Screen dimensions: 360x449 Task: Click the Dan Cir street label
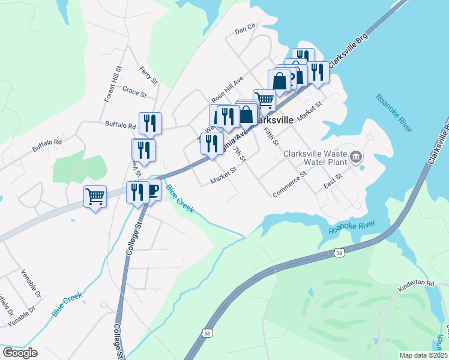[x=246, y=28]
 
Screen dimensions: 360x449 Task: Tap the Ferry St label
[x=148, y=75]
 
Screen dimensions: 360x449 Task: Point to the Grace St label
[x=134, y=92]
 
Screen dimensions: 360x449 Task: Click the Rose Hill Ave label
[x=227, y=89]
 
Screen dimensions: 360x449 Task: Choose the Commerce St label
[x=289, y=184]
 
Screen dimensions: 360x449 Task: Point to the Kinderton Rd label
[x=415, y=283]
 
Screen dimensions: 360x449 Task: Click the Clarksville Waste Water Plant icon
[x=356, y=158]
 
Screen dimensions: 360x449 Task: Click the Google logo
[x=20, y=353]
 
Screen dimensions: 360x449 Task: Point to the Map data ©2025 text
[x=423, y=355]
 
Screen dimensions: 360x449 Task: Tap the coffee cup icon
[x=152, y=191]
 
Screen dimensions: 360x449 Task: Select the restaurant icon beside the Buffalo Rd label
[x=150, y=124]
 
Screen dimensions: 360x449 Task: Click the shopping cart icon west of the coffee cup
[x=95, y=196]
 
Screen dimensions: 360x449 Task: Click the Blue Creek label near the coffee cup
[x=180, y=199]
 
